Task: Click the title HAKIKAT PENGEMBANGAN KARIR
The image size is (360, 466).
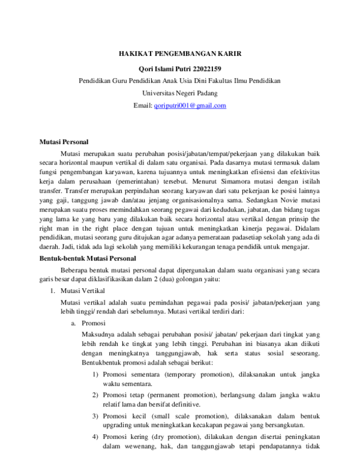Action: coord(180,53)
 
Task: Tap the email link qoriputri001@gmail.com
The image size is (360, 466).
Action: coord(190,106)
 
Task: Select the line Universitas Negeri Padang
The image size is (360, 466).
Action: coord(180,93)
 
